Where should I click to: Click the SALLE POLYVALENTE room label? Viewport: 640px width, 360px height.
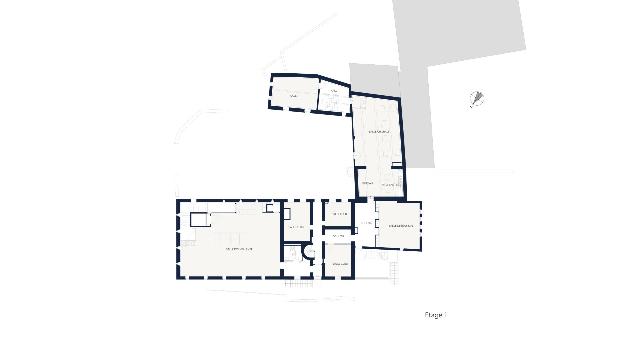239,249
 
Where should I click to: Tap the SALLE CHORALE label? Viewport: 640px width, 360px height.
379,132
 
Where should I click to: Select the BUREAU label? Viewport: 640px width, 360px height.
367,183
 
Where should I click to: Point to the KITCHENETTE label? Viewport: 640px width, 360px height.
390,185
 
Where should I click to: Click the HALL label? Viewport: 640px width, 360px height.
334,91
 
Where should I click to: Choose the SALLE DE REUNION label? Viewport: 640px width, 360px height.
401,226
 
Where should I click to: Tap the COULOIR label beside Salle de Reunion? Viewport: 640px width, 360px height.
366,223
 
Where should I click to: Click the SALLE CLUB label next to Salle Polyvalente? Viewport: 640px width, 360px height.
296,227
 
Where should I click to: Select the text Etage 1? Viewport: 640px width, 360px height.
436,315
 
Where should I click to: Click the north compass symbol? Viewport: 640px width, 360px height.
477,98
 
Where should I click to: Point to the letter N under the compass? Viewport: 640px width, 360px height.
471,107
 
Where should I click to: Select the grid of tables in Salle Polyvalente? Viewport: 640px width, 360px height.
230,239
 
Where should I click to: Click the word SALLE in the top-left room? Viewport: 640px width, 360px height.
294,96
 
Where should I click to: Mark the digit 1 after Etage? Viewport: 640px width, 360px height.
445,315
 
